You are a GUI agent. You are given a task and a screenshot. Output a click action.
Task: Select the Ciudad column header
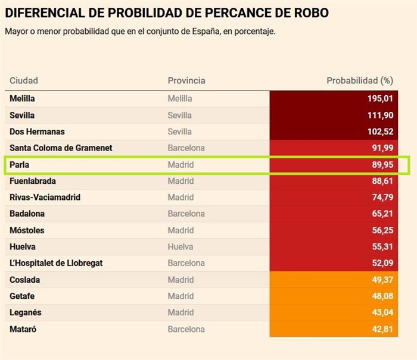click(24, 80)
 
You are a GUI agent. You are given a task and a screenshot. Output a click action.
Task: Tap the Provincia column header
click(186, 80)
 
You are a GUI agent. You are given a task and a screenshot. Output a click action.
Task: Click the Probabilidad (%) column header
click(360, 80)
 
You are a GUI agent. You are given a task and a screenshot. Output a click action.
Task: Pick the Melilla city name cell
click(23, 99)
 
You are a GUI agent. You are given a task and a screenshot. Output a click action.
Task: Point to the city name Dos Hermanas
click(37, 132)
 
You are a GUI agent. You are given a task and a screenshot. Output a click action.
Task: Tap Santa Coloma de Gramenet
click(61, 148)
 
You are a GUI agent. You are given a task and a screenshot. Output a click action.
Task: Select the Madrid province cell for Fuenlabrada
click(181, 181)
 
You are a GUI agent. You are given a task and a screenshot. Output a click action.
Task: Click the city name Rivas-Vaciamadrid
click(45, 197)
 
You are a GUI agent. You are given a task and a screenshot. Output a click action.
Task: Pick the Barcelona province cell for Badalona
click(186, 214)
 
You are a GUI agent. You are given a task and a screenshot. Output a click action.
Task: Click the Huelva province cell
click(180, 246)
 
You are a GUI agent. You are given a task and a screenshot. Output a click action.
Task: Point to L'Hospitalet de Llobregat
click(56, 263)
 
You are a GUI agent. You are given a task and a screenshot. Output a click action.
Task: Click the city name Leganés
click(26, 312)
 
